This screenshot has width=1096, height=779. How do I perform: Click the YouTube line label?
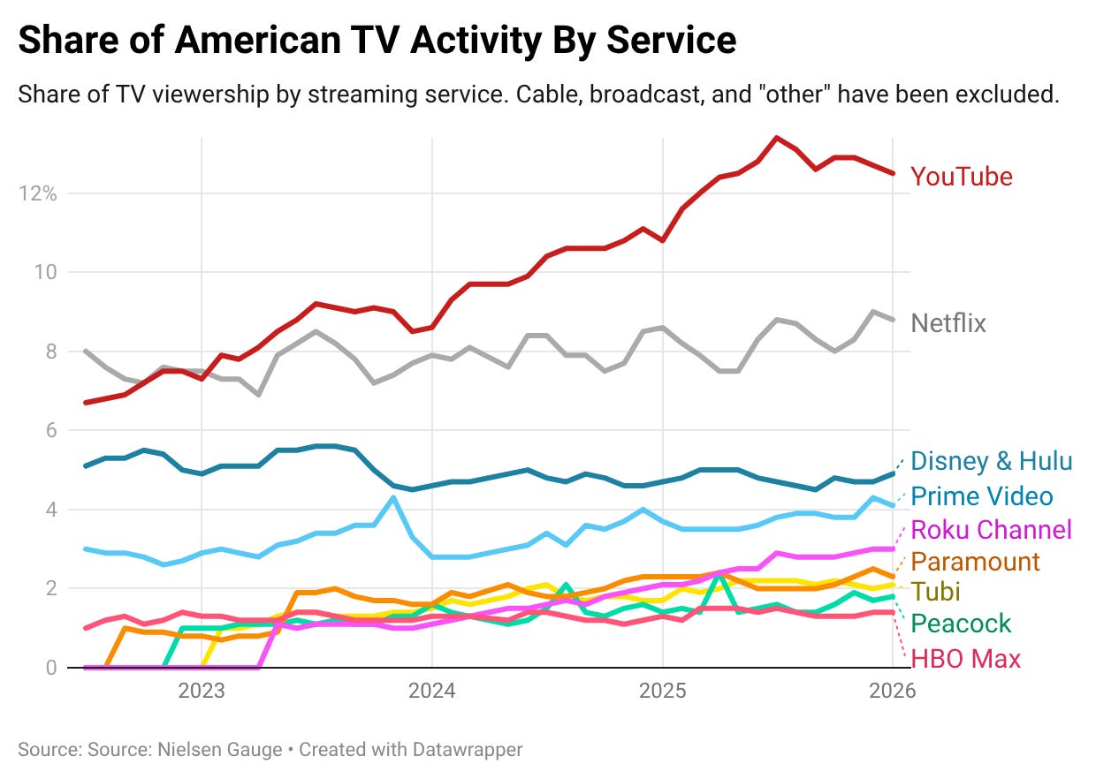[962, 177]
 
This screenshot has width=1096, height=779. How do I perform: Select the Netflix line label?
[948, 323]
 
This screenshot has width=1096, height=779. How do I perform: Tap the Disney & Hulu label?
[991, 461]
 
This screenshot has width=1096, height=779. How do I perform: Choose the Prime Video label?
[981, 496]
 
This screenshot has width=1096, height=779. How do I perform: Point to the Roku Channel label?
[991, 530]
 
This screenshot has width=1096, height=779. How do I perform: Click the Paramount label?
[975, 562]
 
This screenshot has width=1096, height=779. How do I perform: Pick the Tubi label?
[935, 592]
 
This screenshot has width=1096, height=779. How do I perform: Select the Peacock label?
[961, 624]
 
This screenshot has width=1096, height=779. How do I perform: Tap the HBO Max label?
[965, 659]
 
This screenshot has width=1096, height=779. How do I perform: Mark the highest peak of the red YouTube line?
[776, 137]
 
